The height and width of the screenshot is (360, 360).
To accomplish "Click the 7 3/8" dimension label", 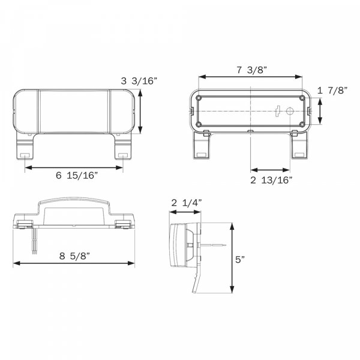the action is pyautogui.click(x=251, y=70).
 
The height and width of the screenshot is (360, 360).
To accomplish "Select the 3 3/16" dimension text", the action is pyautogui.click(x=139, y=81).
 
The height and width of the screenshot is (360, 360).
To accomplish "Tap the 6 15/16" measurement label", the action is pyautogui.click(x=77, y=175).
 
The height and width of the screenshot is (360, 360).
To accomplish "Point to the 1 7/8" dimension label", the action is pyautogui.click(x=332, y=91).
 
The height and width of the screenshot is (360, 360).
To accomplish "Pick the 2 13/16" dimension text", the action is pyautogui.click(x=271, y=180).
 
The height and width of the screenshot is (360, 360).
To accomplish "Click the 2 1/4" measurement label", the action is pyautogui.click(x=187, y=203).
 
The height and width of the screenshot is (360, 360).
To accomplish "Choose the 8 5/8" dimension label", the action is pyautogui.click(x=74, y=256).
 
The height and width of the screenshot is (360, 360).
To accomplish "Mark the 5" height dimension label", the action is pyautogui.click(x=240, y=260).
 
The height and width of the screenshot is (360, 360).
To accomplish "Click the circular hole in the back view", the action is pyautogui.click(x=290, y=112).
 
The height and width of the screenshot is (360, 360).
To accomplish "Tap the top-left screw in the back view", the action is pyautogui.click(x=199, y=98).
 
